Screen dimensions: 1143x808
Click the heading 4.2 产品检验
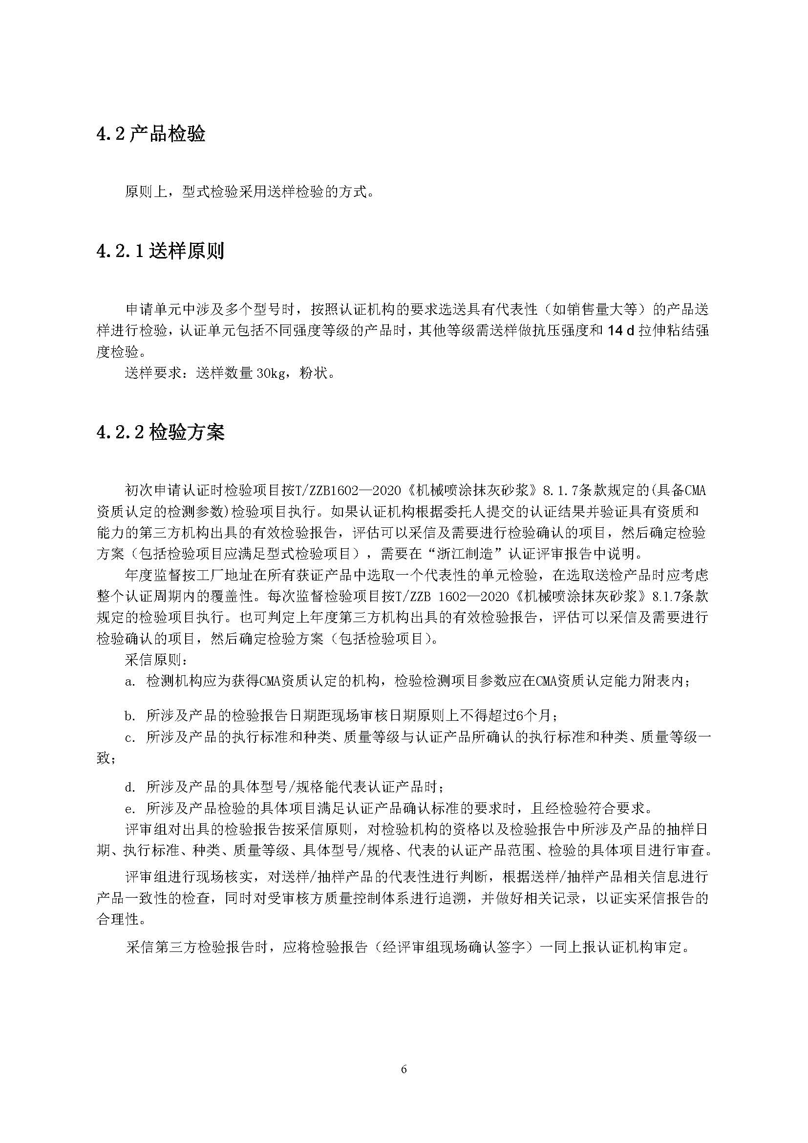151,134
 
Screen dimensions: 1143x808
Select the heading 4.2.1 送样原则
160,251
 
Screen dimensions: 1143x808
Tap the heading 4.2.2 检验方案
160,432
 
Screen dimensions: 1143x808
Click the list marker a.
130,681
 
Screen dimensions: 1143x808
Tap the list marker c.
130,738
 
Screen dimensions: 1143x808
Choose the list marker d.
130,787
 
